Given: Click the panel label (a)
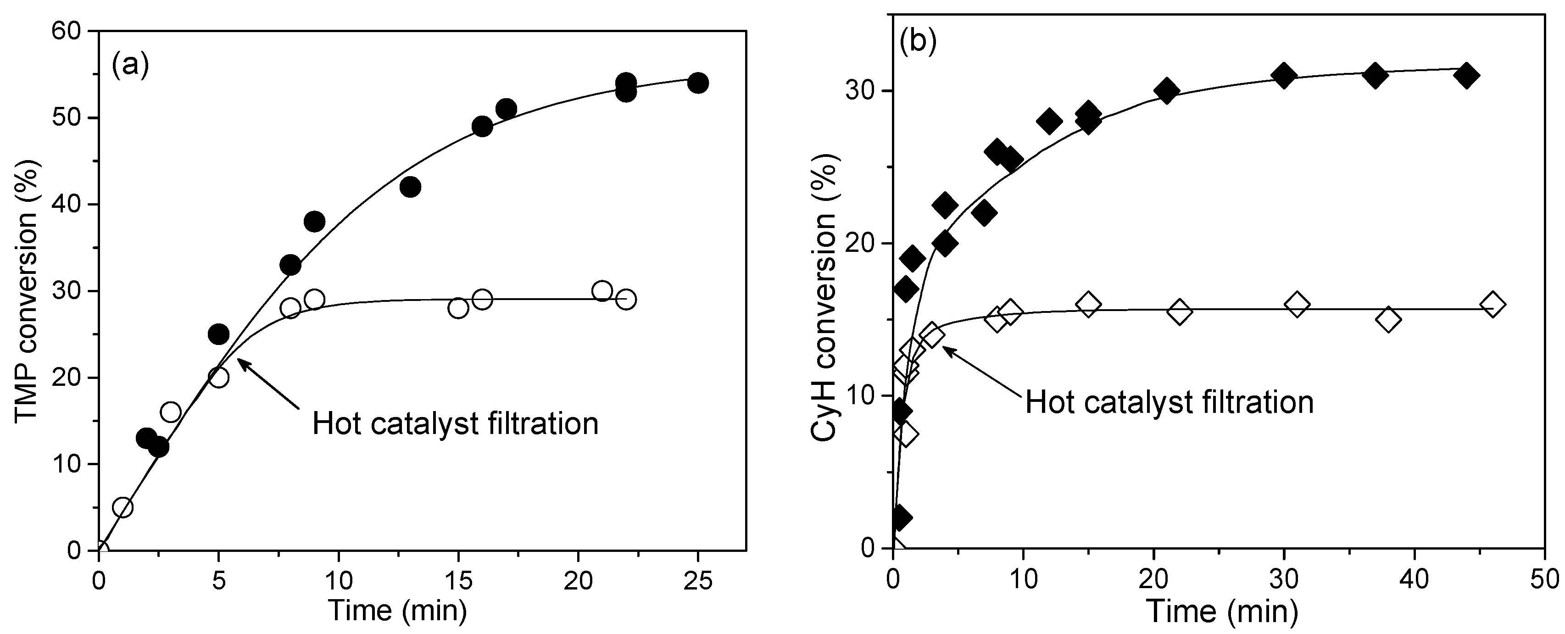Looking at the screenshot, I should (130, 65).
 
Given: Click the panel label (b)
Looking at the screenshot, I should (918, 42).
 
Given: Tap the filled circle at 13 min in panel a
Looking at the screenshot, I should (410, 187).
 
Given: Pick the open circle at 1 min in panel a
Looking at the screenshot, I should (123, 507).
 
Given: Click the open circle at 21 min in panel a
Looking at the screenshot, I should (601, 291).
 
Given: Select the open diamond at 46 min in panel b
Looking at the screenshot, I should (1493, 304).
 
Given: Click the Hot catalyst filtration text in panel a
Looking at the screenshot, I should (455, 423).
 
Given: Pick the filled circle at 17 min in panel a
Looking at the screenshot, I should (506, 109).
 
